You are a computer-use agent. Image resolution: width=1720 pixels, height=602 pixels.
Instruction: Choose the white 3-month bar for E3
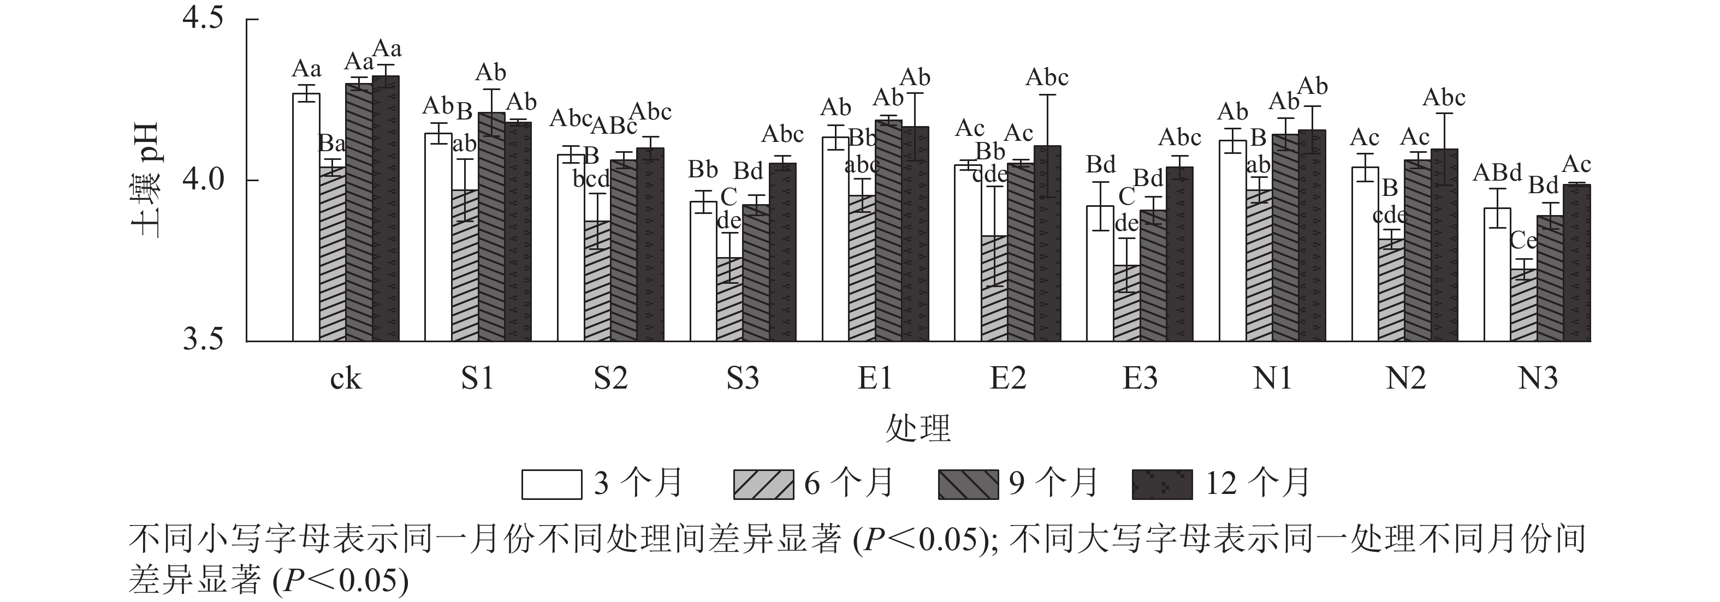pyautogui.click(x=1100, y=273)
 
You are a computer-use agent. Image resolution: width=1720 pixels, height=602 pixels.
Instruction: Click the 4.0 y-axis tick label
pyautogui.click(x=203, y=180)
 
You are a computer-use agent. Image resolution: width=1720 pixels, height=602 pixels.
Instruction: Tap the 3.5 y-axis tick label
pyautogui.click(x=203, y=341)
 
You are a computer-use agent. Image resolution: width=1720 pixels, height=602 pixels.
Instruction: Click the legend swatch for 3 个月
pyautogui.click(x=551, y=485)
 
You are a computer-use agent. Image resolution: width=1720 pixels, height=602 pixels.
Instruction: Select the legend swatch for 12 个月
pyautogui.click(x=1162, y=485)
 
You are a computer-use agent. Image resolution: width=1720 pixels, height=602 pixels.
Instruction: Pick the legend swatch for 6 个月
pyautogui.click(x=763, y=485)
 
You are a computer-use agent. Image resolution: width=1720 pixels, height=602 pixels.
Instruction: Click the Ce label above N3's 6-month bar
pyautogui.click(x=1523, y=240)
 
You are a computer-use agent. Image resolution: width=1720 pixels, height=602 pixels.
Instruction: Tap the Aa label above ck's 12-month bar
pyautogui.click(x=387, y=49)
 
